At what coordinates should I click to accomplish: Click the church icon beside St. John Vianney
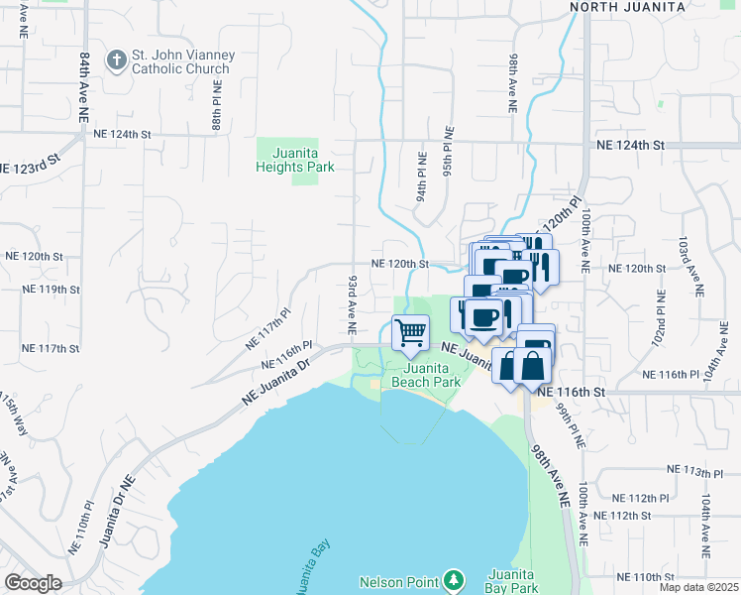coord(116,59)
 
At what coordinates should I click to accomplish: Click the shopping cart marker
coord(410,332)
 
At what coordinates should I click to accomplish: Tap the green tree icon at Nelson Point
coord(454,578)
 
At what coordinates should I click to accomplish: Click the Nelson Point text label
coord(399,581)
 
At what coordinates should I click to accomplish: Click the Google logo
coord(34,582)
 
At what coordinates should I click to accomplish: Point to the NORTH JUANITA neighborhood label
coord(628,7)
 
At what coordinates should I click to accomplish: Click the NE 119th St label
coord(50,290)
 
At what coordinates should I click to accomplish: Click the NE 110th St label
coord(644,576)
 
